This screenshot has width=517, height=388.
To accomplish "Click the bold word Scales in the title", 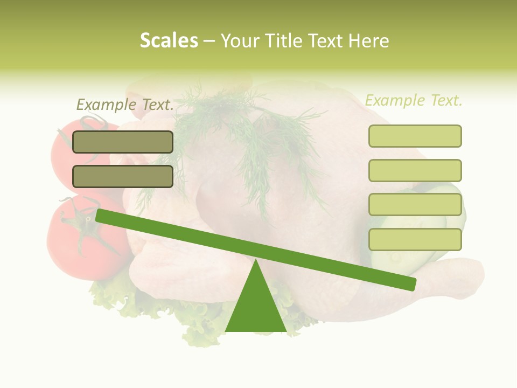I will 169,40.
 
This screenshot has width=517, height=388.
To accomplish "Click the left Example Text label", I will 125,105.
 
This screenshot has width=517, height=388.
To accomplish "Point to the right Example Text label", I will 414,100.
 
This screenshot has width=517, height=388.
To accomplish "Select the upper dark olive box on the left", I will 123,142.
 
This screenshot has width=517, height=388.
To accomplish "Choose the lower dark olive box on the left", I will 123,176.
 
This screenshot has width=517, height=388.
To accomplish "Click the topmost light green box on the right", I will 415,136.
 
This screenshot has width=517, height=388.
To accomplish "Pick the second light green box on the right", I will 415,170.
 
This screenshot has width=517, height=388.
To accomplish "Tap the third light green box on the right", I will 415,205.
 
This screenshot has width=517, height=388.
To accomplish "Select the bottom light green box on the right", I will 415,239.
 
